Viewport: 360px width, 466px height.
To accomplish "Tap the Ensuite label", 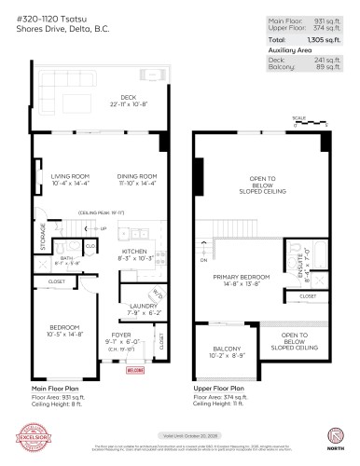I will pos(298,268).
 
